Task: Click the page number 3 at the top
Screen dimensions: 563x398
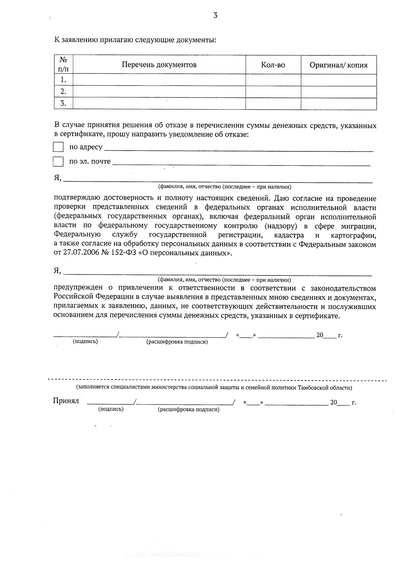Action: click(215, 15)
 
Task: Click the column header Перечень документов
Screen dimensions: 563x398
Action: click(159, 65)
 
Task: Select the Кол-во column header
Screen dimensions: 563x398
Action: click(273, 65)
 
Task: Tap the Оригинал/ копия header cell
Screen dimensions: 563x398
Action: click(338, 65)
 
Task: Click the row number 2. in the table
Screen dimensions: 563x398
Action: click(63, 92)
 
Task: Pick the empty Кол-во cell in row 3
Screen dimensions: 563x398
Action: click(273, 104)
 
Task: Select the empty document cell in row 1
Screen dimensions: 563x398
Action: click(159, 80)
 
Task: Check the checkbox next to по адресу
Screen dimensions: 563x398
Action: click(58, 147)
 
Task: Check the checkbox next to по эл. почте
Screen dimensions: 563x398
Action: click(58, 162)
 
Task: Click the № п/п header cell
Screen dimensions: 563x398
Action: click(63, 65)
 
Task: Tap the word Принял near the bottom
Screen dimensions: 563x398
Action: click(66, 401)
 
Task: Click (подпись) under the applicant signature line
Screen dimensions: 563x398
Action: click(85, 341)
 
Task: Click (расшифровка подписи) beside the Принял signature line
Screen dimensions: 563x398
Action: click(189, 409)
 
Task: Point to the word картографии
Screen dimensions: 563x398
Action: click(354, 236)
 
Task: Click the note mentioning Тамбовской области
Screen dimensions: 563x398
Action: click(214, 387)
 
